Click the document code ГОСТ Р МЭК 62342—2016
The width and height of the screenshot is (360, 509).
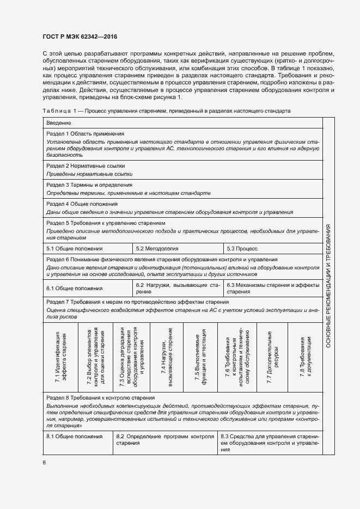[x=80, y=37]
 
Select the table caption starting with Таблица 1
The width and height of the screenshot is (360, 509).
[x=166, y=111]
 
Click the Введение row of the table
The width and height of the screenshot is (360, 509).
[x=59, y=123]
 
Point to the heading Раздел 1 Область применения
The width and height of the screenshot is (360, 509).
[x=86, y=133]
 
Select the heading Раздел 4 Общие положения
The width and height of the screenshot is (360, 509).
[x=82, y=204]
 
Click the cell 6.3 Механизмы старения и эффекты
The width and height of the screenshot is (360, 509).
[x=273, y=288]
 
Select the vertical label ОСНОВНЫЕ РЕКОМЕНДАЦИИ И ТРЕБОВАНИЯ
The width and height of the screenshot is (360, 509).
[x=329, y=286]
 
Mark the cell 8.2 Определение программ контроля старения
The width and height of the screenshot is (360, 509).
[x=166, y=440]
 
